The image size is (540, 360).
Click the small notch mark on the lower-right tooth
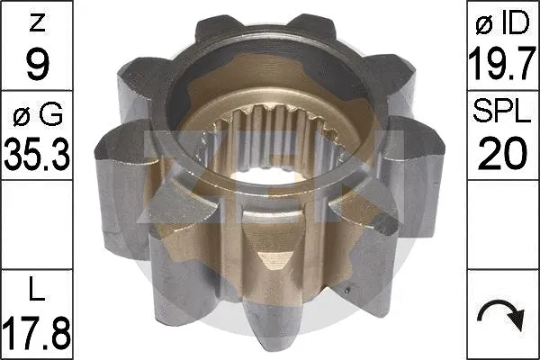coord(348,290)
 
